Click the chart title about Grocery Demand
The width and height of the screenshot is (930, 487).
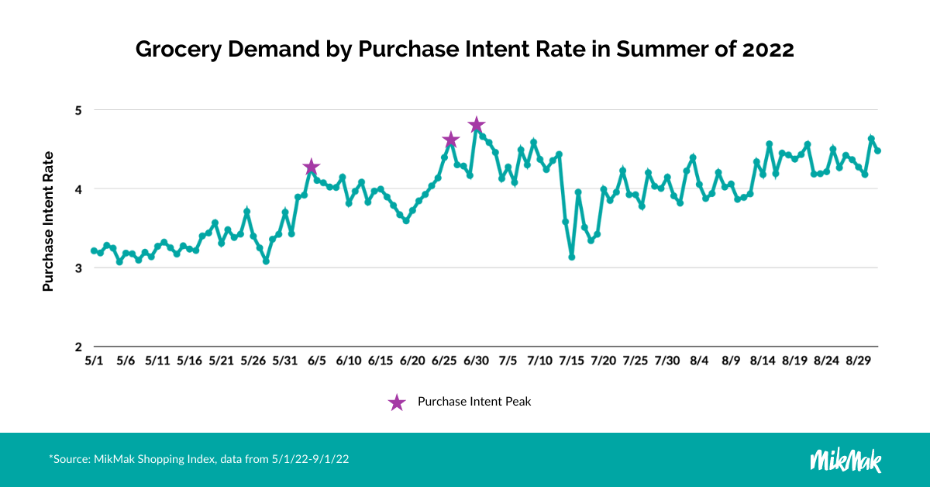(x=465, y=49)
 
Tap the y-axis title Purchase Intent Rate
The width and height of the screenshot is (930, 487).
(x=48, y=221)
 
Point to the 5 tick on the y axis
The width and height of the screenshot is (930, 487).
(x=77, y=110)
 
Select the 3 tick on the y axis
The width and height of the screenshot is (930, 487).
(x=77, y=268)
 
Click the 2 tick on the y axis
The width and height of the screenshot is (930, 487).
(x=77, y=347)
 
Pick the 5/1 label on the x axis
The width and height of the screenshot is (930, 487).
(x=94, y=361)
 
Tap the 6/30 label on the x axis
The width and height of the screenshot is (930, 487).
(x=476, y=361)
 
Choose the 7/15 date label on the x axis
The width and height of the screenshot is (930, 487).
(x=571, y=361)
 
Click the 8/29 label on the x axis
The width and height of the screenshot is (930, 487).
(x=858, y=361)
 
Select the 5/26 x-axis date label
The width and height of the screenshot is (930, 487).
(x=253, y=361)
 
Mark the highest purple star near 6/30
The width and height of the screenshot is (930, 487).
(x=477, y=125)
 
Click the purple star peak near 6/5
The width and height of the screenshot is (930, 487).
(x=312, y=168)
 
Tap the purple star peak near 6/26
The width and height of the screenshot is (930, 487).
(x=451, y=140)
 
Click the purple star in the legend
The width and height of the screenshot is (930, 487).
(x=397, y=402)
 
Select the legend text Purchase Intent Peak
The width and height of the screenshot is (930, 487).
(x=474, y=402)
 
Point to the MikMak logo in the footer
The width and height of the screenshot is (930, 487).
(x=846, y=459)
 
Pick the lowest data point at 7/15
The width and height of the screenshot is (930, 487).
(x=571, y=257)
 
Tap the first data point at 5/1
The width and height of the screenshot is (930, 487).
(x=94, y=250)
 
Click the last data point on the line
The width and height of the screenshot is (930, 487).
(x=877, y=150)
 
